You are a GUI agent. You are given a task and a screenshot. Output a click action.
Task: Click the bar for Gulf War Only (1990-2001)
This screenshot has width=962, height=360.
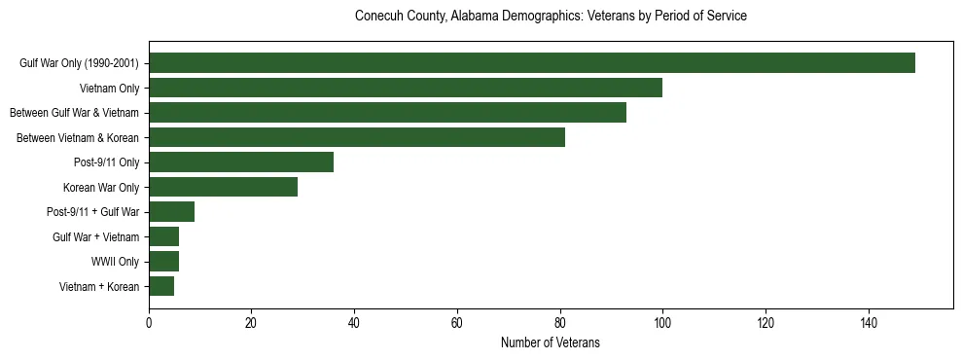[532, 63]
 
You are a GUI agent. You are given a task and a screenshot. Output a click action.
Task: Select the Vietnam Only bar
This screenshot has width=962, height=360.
[406, 88]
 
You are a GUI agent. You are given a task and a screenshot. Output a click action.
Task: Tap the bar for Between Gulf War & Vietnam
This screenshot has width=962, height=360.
[387, 113]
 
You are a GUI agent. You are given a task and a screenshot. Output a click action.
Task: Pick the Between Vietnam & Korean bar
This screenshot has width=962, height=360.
[357, 137]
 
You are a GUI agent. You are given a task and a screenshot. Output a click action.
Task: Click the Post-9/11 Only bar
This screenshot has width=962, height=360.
[241, 162]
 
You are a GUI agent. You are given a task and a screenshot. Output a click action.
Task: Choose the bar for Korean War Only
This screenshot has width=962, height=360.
[223, 187]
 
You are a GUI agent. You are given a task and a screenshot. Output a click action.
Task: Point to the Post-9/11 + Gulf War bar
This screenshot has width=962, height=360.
[172, 211]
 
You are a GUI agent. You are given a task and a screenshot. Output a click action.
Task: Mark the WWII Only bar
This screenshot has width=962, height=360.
[164, 261]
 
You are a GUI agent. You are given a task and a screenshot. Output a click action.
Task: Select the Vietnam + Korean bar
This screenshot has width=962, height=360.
[161, 286]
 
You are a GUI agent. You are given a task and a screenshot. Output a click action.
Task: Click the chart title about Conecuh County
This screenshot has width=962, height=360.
[551, 17]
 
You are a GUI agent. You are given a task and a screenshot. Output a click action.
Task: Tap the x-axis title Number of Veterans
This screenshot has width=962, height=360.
[551, 343]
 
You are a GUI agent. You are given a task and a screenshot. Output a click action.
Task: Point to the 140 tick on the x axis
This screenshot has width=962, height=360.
[868, 323]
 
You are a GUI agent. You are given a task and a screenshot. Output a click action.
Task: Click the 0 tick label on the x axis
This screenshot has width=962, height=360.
[149, 323]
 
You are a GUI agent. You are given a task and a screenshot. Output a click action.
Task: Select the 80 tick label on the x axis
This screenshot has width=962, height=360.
[559, 323]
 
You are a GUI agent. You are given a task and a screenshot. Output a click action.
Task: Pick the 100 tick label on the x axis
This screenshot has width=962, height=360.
[662, 323]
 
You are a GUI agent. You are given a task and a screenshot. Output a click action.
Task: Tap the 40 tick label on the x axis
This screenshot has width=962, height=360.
[354, 323]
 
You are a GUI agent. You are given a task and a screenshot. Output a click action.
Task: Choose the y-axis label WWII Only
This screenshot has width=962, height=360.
[115, 262]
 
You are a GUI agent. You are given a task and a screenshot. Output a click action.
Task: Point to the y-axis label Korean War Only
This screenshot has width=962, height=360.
[101, 187]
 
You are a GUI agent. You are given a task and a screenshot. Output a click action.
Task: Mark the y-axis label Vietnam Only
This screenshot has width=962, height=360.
[109, 89]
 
